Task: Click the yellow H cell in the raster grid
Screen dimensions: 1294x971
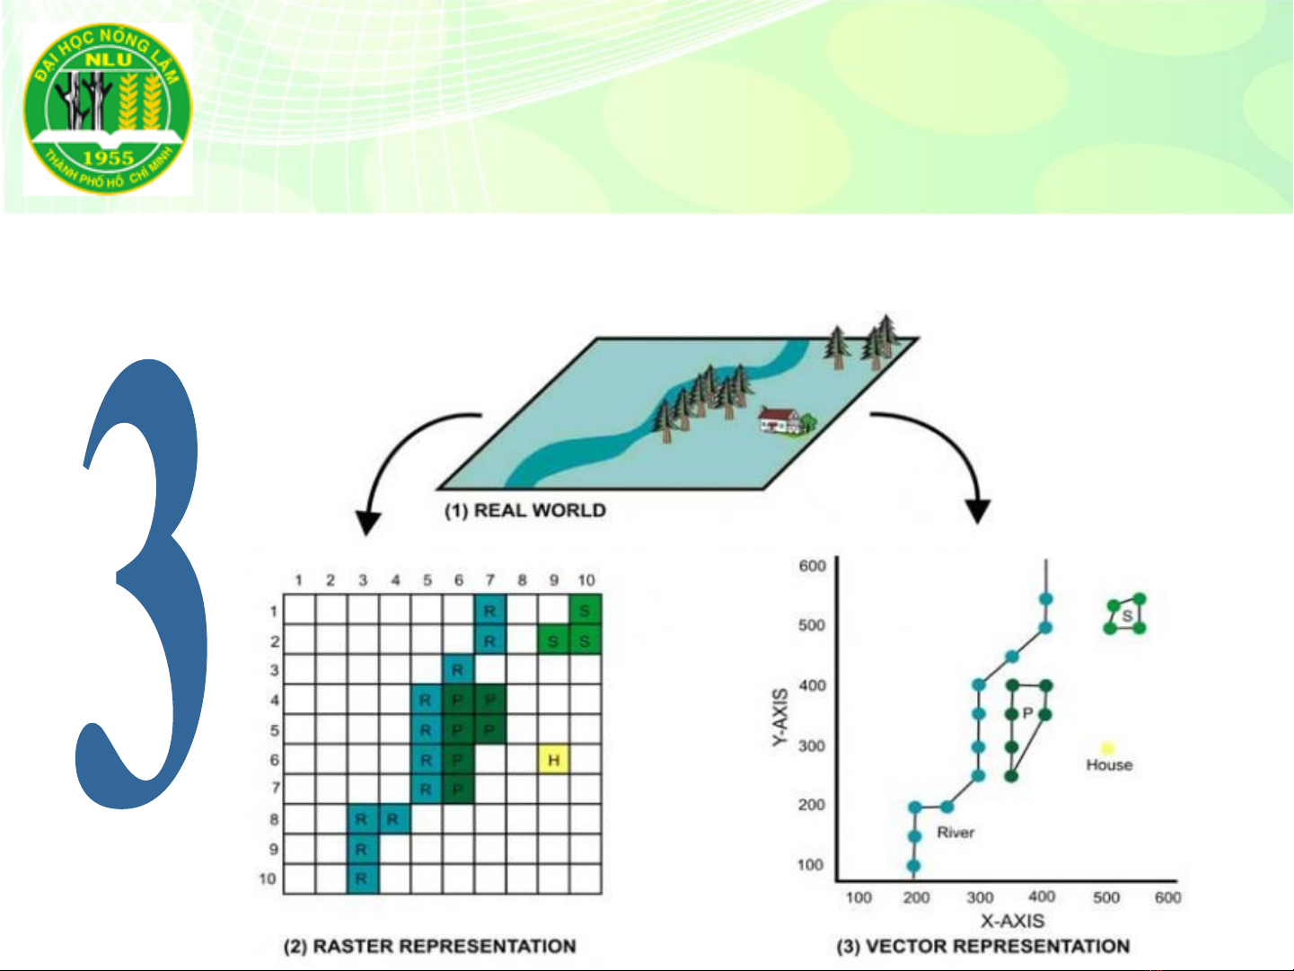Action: (x=553, y=759)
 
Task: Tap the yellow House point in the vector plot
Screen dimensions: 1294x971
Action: (x=1108, y=748)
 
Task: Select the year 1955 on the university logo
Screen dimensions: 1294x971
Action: (x=109, y=157)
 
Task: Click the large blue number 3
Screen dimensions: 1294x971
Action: (x=142, y=584)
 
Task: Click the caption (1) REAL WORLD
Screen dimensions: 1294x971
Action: (x=524, y=510)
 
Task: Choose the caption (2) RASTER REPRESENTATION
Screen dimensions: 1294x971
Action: (x=430, y=946)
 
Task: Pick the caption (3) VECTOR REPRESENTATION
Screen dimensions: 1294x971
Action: (x=982, y=946)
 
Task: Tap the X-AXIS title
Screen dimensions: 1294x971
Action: (x=1012, y=921)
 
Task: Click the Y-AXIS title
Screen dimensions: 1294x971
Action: (x=780, y=717)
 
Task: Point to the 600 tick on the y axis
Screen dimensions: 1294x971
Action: (x=812, y=566)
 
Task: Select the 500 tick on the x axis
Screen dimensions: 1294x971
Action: (x=1106, y=897)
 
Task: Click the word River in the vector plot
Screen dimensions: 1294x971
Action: (x=955, y=833)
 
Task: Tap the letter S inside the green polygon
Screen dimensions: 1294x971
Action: (x=1127, y=616)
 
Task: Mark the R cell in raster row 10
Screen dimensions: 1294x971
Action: (x=362, y=879)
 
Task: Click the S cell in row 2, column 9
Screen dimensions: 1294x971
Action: (x=553, y=640)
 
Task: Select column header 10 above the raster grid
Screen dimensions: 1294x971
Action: (x=586, y=580)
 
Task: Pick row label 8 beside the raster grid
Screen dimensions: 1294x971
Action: (x=274, y=819)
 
